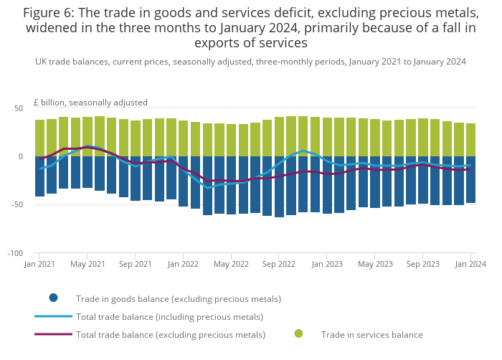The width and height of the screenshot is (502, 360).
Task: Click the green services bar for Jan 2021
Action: click(39, 138)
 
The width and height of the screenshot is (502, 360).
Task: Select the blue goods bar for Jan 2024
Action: click(471, 179)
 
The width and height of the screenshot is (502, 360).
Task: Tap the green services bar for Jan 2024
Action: click(471, 140)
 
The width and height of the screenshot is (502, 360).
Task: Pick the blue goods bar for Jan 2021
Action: click(39, 176)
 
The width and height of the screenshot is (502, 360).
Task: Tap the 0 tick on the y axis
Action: click(20, 156)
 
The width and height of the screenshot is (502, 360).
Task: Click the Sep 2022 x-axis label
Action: click(278, 264)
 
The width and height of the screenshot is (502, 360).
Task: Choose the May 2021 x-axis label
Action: click(87, 264)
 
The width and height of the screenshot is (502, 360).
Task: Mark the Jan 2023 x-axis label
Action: click(327, 264)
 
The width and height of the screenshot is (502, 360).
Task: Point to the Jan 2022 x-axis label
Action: click(183, 264)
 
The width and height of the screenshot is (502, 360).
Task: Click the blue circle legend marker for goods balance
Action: click(53, 298)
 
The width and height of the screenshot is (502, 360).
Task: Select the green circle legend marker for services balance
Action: click(298, 333)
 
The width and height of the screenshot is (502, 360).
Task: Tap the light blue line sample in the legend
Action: click(53, 316)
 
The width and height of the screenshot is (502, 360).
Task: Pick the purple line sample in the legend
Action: click(53, 334)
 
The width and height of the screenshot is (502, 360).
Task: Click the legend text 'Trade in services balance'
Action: click(371, 334)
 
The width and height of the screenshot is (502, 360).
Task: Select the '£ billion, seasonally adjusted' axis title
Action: click(90, 103)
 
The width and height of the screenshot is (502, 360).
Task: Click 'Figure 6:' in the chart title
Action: click(52, 14)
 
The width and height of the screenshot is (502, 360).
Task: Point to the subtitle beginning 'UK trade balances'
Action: click(250, 62)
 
